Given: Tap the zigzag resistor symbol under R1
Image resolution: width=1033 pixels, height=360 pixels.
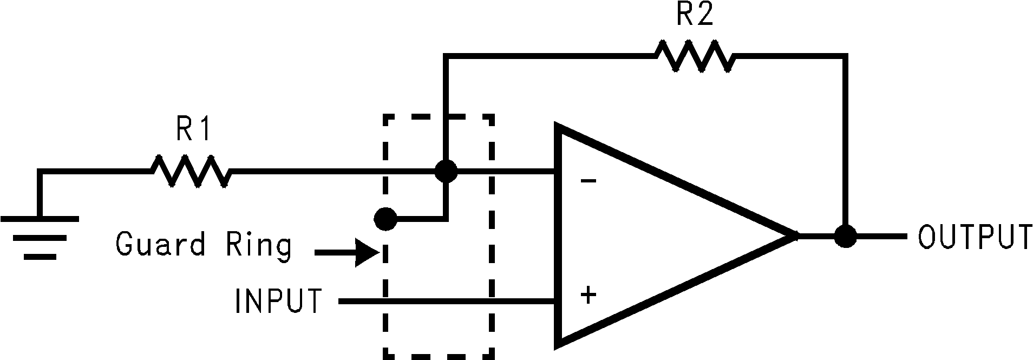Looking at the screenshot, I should [191, 172].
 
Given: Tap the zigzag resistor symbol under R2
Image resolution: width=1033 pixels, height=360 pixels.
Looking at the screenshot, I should [695, 56].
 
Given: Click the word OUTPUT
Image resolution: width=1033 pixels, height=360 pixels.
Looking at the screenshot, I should [975, 237].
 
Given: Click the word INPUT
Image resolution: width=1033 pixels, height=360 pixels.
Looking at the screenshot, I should [278, 301].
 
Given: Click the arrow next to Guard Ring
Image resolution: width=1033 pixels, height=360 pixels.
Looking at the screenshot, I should [346, 252].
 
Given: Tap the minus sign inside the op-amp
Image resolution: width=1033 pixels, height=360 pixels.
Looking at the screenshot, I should [589, 181].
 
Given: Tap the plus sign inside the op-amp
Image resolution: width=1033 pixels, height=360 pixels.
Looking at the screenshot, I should [588, 296].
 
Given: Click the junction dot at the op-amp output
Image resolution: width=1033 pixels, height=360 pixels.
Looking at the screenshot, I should [845, 236].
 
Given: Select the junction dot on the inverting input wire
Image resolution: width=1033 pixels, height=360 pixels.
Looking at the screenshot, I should [446, 172].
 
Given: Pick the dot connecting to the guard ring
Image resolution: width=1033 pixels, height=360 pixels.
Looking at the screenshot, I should [385, 219].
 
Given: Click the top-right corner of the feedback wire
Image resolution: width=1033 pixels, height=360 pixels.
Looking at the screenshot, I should [845, 56].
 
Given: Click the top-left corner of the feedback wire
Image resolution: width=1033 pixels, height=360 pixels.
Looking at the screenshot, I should [446, 56].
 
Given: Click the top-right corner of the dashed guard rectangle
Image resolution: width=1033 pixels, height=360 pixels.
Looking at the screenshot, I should [492, 116].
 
